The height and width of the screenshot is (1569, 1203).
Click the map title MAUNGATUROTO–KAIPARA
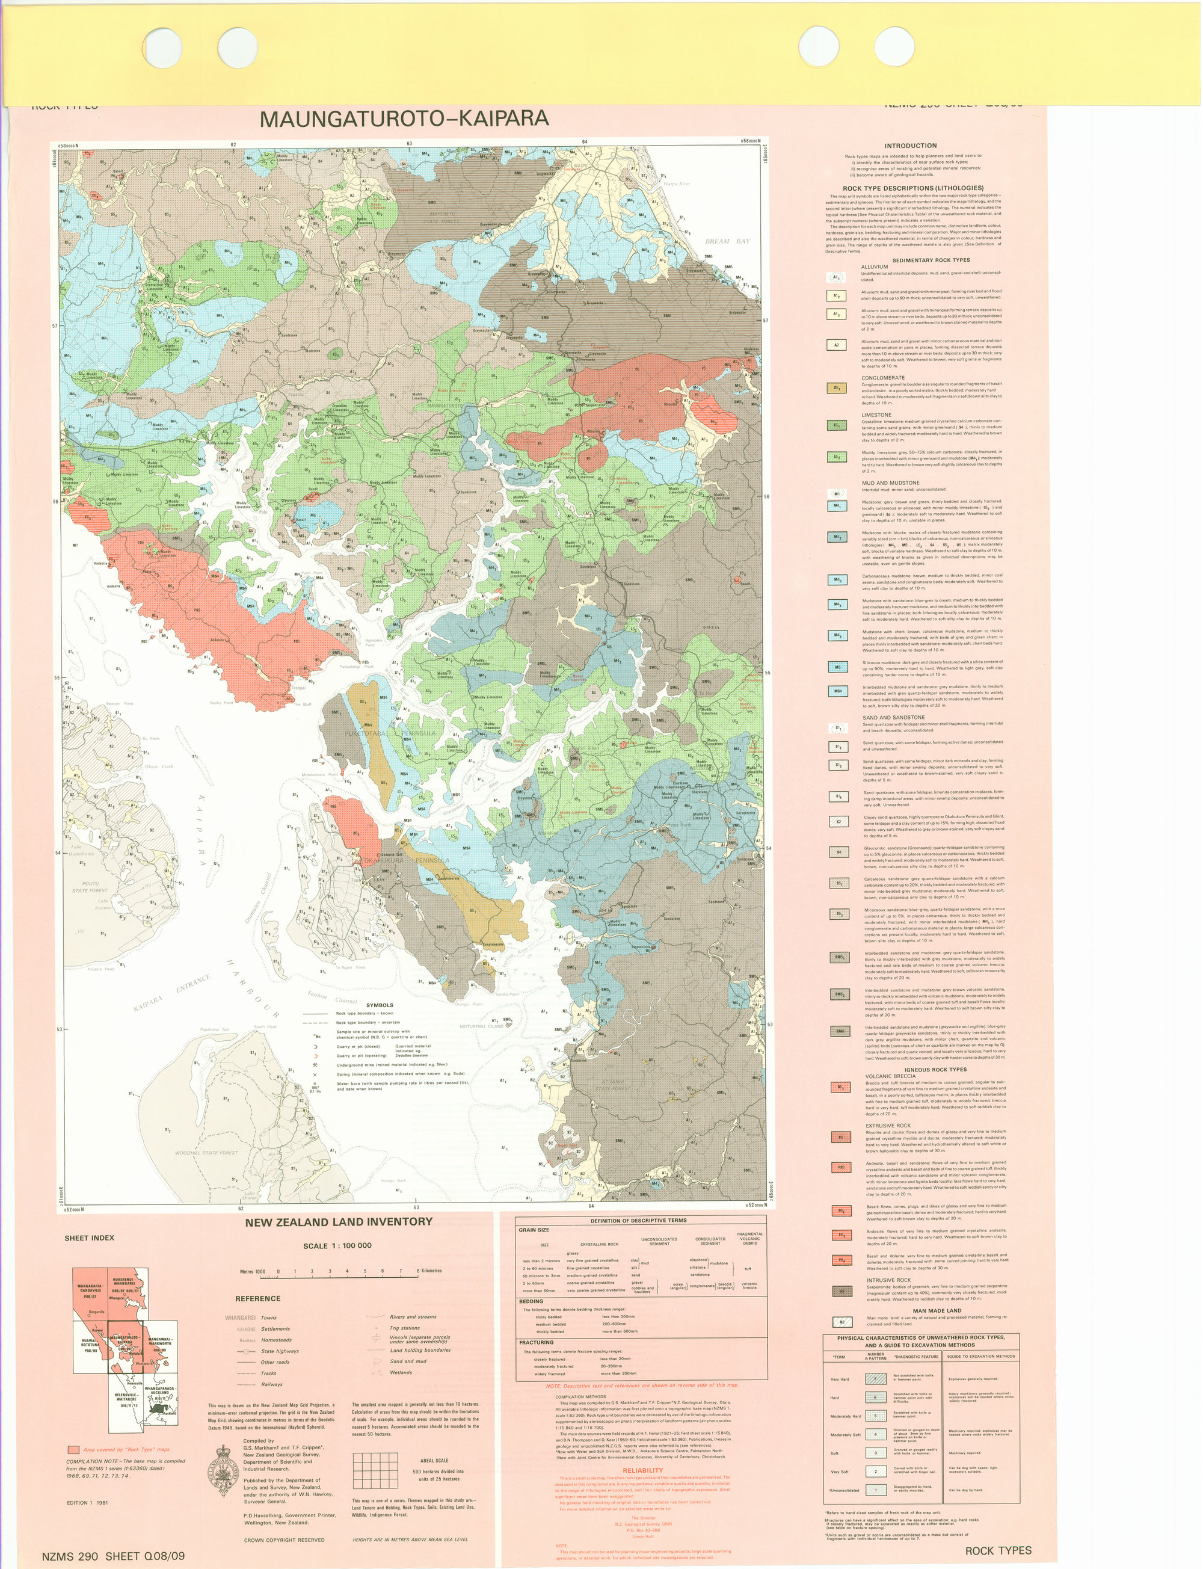click(405, 119)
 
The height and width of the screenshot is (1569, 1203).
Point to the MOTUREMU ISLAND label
click(482, 1026)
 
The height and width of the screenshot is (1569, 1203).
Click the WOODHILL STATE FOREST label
click(206, 1153)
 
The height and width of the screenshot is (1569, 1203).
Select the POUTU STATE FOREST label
click(90, 887)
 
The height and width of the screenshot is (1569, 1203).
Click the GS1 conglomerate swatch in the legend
click(836, 388)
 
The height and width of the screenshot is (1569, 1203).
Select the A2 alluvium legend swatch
click(836, 345)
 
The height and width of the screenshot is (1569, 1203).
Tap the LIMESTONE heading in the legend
click(876, 415)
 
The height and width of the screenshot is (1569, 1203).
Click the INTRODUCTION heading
click(910, 146)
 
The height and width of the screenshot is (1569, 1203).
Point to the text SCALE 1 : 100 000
click(337, 1245)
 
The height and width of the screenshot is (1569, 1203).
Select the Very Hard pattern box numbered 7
click(875, 1378)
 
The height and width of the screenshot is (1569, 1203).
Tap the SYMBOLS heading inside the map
click(379, 1005)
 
